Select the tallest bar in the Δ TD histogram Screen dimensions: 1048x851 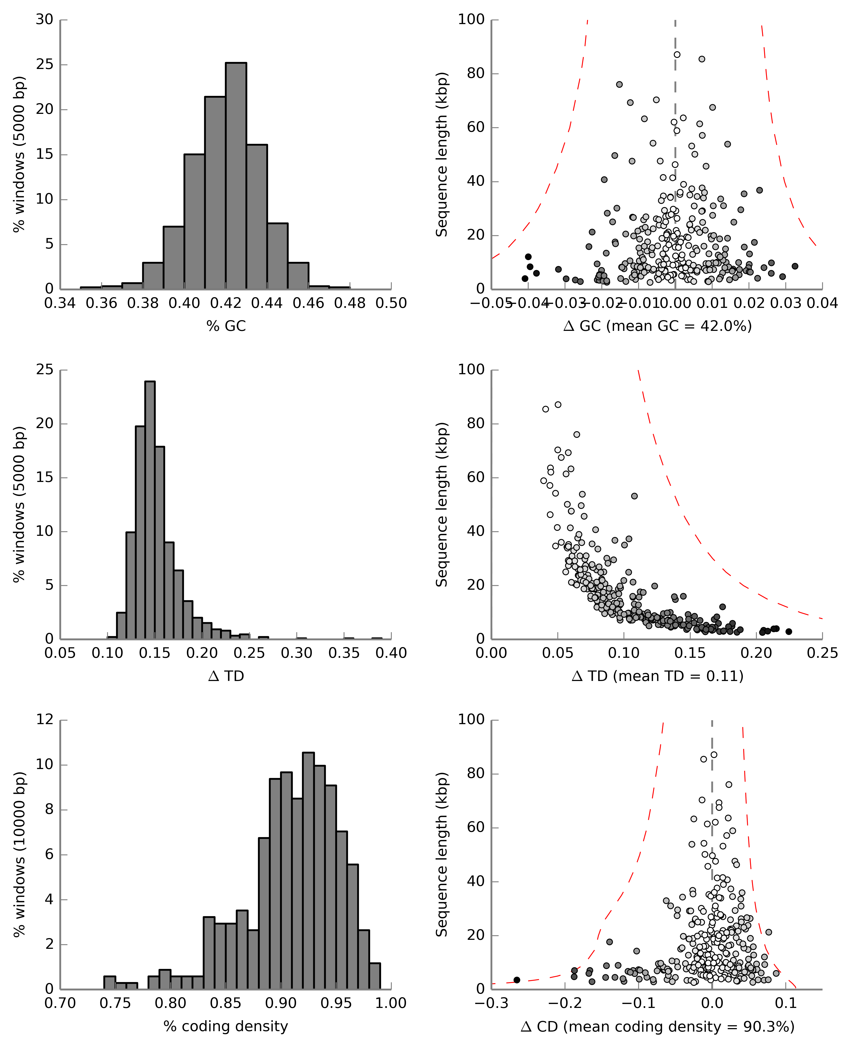pos(150,510)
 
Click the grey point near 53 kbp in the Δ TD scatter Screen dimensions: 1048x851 pos(634,496)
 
